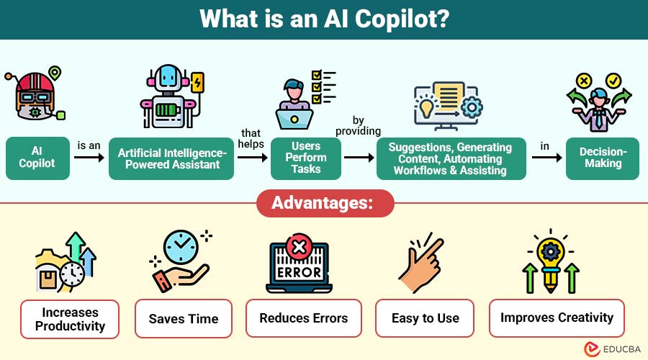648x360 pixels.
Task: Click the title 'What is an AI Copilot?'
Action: pyautogui.click(x=323, y=19)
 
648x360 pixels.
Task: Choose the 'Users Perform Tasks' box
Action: pyautogui.click(x=305, y=158)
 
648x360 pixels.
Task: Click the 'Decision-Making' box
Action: pyautogui.click(x=603, y=158)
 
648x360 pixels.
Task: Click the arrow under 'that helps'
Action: pyautogui.click(x=252, y=158)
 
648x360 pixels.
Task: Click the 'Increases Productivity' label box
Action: pyautogui.click(x=69, y=318)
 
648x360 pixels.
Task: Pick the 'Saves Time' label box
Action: pyautogui.click(x=183, y=318)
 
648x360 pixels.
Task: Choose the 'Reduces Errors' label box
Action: pyautogui.click(x=303, y=318)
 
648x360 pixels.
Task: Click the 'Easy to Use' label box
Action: pyautogui.click(x=425, y=318)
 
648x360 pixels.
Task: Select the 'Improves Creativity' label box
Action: pyautogui.click(x=557, y=318)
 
